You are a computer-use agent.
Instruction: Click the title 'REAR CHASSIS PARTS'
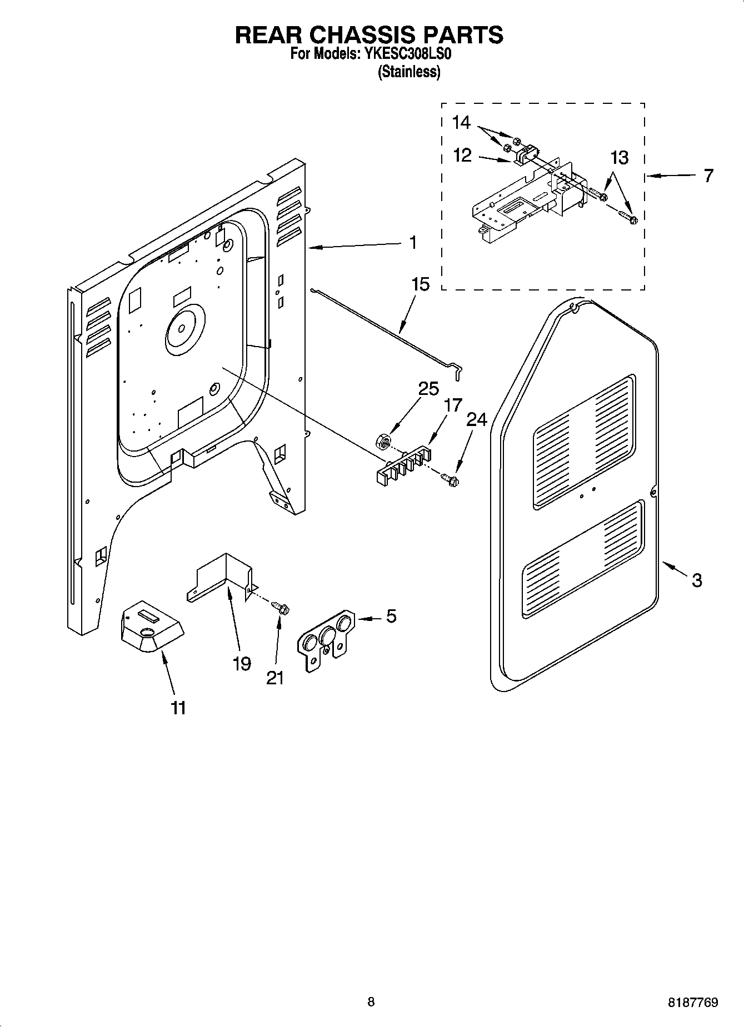click(x=369, y=35)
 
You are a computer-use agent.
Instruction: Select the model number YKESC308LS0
click(x=409, y=55)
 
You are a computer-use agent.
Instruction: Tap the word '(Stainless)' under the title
click(x=409, y=72)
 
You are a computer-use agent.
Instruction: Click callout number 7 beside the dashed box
click(x=708, y=176)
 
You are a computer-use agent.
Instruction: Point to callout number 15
click(x=420, y=284)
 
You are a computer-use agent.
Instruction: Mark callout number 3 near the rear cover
click(x=697, y=580)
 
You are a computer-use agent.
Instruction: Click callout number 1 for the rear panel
click(x=412, y=243)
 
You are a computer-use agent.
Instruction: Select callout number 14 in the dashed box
click(x=461, y=123)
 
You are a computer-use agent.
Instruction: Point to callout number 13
click(x=619, y=158)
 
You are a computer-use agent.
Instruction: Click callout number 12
click(x=462, y=156)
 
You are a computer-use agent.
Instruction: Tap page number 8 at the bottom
click(x=371, y=1002)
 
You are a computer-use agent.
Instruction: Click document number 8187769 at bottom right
click(x=693, y=1003)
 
